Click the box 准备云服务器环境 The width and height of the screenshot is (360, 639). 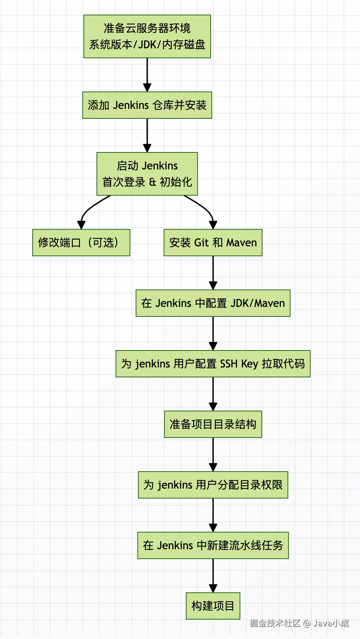click(x=147, y=36)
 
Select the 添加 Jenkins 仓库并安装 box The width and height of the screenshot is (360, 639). click(x=147, y=105)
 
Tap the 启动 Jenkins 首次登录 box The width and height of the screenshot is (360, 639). click(x=147, y=174)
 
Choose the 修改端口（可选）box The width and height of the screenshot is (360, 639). click(x=81, y=243)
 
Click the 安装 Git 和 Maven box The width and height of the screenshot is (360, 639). click(x=213, y=243)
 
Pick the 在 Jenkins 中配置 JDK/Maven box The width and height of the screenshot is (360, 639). click(x=213, y=303)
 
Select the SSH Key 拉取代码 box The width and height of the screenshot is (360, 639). click(x=213, y=364)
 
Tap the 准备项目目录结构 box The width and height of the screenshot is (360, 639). click(x=213, y=424)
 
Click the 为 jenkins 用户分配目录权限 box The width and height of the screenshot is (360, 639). click(x=213, y=485)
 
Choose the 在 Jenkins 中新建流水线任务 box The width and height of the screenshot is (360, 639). click(x=213, y=545)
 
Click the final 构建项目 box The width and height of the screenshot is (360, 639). click(x=213, y=606)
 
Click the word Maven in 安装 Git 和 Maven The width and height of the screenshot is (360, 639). click(x=242, y=243)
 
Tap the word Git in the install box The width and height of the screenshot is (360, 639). click(x=201, y=243)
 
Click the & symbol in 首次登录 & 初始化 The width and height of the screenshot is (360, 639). click(x=152, y=182)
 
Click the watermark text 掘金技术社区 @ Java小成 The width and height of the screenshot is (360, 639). click(x=299, y=623)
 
